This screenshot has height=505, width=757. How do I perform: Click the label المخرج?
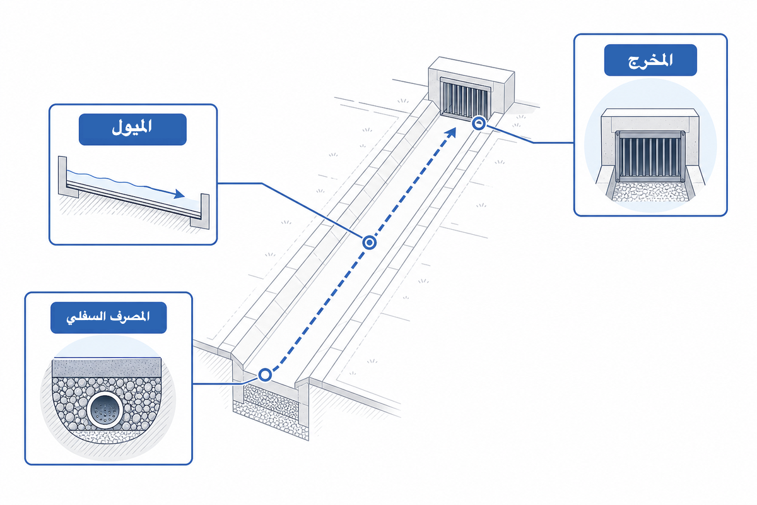[x=650, y=60]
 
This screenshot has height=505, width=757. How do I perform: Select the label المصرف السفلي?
[x=109, y=318]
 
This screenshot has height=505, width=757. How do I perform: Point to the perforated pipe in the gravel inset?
[x=104, y=410]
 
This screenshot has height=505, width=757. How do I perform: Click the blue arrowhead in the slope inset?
[x=179, y=194]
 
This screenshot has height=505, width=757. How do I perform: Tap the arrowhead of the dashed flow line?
[x=451, y=133]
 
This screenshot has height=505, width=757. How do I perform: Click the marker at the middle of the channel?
[x=370, y=242]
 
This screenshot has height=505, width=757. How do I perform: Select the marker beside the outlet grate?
[x=479, y=123]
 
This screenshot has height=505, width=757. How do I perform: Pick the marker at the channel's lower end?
[x=265, y=375]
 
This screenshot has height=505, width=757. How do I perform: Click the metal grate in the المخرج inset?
[x=650, y=157]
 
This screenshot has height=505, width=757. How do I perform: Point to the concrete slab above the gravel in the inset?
[x=107, y=367]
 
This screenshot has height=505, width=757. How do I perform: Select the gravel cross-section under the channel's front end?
[x=271, y=409]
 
